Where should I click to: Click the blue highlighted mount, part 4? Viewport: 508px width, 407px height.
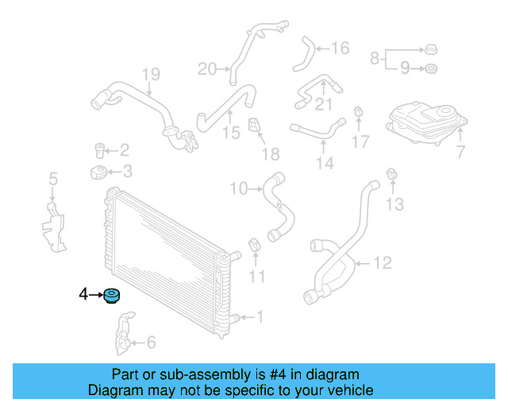click(112, 297)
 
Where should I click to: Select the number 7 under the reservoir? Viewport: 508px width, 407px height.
click(461, 151)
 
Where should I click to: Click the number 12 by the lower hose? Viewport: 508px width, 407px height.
click(382, 262)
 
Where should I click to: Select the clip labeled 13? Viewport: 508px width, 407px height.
click(391, 175)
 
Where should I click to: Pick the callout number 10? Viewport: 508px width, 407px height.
click(239, 188)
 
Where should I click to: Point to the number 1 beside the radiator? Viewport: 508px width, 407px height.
click(259, 317)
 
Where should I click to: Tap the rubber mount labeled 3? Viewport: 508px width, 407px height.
click(98, 172)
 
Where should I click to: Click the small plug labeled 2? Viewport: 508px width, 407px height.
click(101, 149)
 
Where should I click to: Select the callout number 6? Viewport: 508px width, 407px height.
click(151, 343)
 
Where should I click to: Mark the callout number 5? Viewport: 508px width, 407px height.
click(53, 180)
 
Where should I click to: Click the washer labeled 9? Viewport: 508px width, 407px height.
click(430, 68)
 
